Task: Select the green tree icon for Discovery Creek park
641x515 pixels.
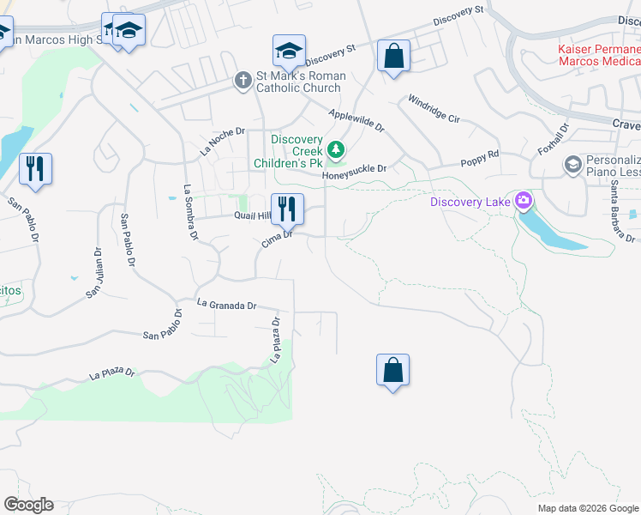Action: coord(337,151)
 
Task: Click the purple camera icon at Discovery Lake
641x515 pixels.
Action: coord(523,203)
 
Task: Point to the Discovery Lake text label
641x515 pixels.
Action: coord(470,203)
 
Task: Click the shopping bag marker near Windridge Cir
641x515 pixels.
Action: coord(393,57)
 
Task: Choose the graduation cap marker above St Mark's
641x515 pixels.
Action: coord(290,51)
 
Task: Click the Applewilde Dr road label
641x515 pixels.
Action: coord(356,119)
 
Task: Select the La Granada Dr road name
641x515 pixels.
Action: coord(226,305)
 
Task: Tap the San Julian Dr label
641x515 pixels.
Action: coord(94,274)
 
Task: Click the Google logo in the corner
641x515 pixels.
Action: coord(28,505)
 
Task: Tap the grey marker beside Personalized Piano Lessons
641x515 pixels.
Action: coord(572,163)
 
